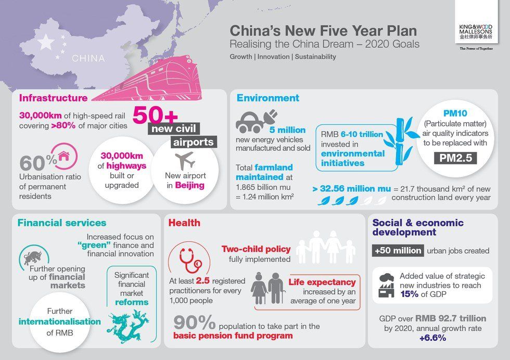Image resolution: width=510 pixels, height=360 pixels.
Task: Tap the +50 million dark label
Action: (x=398, y=250)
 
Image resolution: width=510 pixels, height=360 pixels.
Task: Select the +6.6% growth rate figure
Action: (x=432, y=338)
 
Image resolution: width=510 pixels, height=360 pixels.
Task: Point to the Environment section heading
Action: (x=267, y=98)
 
